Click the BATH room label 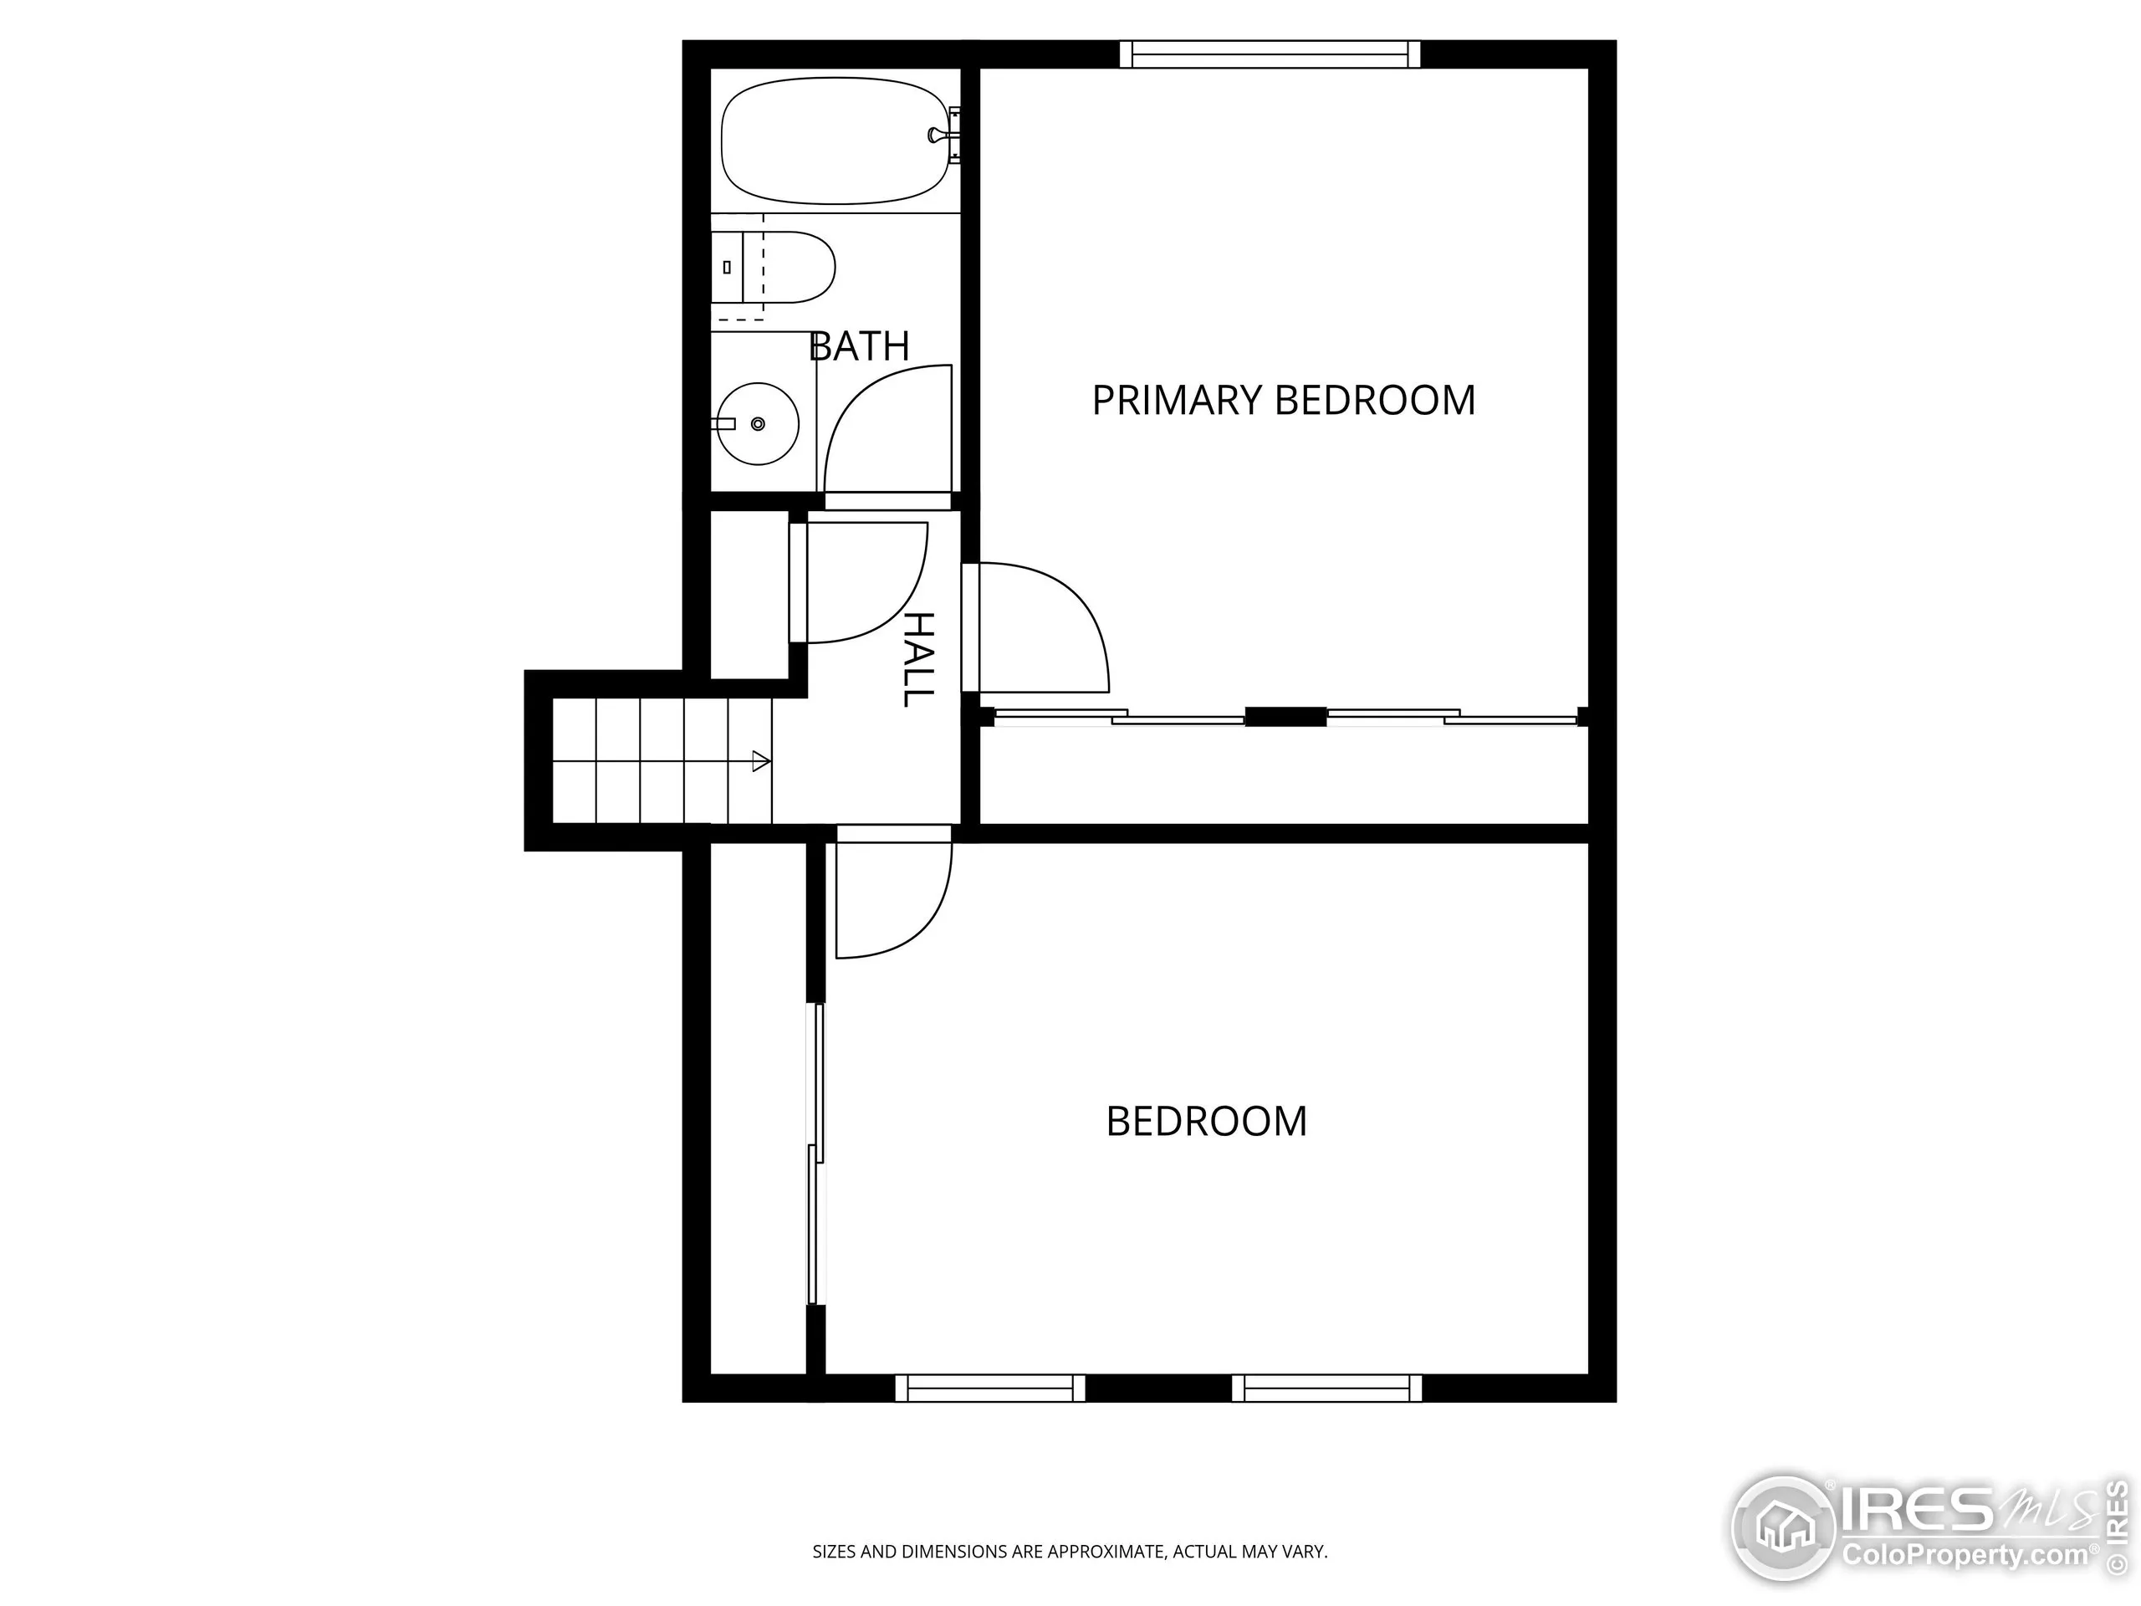point(859,346)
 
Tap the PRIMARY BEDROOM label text point(1284,401)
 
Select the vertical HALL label point(917,658)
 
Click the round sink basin point(758,424)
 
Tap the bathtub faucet point(940,135)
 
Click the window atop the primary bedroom point(1270,54)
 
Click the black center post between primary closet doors point(1285,716)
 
